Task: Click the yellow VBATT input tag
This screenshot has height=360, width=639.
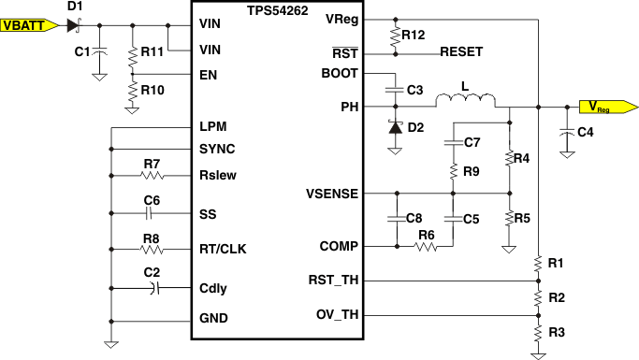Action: click(28, 26)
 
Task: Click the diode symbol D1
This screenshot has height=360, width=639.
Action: click(74, 25)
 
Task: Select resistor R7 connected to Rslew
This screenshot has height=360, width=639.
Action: click(152, 175)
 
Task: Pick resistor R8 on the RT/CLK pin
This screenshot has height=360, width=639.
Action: click(152, 249)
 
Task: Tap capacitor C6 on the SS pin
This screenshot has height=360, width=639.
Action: click(152, 213)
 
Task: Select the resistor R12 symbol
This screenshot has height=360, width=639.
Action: click(395, 36)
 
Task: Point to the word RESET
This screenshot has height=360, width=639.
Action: click(461, 51)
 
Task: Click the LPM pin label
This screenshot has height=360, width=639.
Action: click(212, 126)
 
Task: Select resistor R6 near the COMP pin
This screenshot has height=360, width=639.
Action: click(426, 247)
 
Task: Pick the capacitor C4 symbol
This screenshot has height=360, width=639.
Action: click(566, 133)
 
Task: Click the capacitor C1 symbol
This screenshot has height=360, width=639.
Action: click(98, 51)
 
